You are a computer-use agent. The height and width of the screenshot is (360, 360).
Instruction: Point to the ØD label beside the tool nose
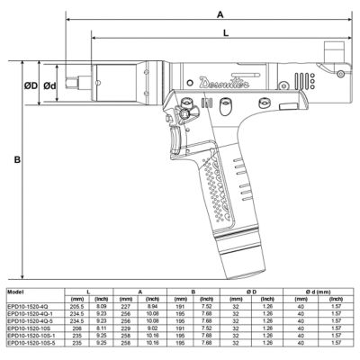click(x=30, y=86)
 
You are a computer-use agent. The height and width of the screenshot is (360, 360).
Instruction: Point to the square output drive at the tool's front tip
click(x=83, y=86)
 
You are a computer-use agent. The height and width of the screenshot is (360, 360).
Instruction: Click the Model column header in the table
click(x=15, y=292)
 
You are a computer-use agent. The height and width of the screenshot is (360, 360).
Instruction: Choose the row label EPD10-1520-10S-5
click(x=30, y=343)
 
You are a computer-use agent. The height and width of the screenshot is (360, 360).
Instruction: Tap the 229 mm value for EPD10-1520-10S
click(x=139, y=328)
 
